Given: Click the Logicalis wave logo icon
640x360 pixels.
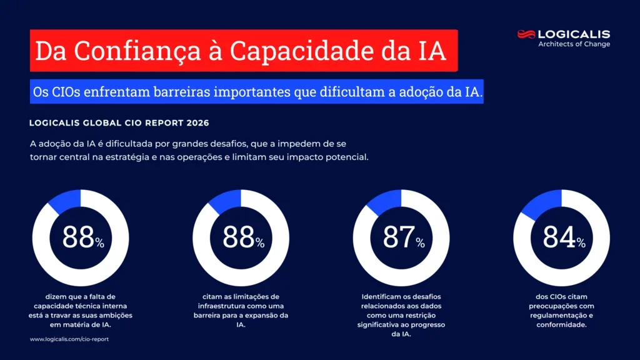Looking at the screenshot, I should click(x=526, y=34).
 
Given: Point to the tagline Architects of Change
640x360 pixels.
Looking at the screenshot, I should click(x=574, y=44).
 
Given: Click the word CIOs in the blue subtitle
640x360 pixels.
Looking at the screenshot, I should click(x=64, y=92).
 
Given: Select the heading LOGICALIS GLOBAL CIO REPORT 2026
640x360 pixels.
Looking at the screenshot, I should click(x=119, y=122).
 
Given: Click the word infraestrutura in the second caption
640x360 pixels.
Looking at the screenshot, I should click(x=224, y=306).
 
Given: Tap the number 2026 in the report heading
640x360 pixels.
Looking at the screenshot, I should click(x=196, y=122).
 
